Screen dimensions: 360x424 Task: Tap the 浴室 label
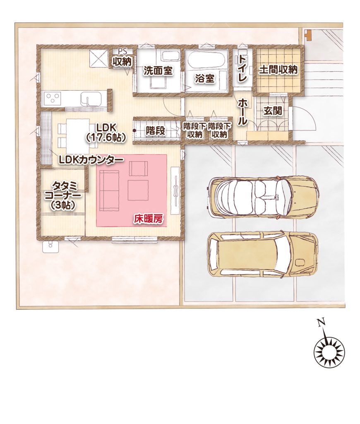[x=204, y=78]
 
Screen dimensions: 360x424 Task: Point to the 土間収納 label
[x=278, y=70]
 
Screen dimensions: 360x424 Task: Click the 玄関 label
[x=273, y=111]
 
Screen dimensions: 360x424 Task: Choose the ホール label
[x=242, y=111]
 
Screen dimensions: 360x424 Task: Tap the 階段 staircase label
[x=156, y=131]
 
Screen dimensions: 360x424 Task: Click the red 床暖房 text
[x=149, y=219]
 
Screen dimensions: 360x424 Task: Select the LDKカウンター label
[x=91, y=160]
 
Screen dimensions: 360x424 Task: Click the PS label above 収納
[x=122, y=52]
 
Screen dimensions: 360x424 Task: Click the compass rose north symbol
[x=329, y=352]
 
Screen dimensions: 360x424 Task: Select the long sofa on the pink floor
[x=110, y=190]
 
